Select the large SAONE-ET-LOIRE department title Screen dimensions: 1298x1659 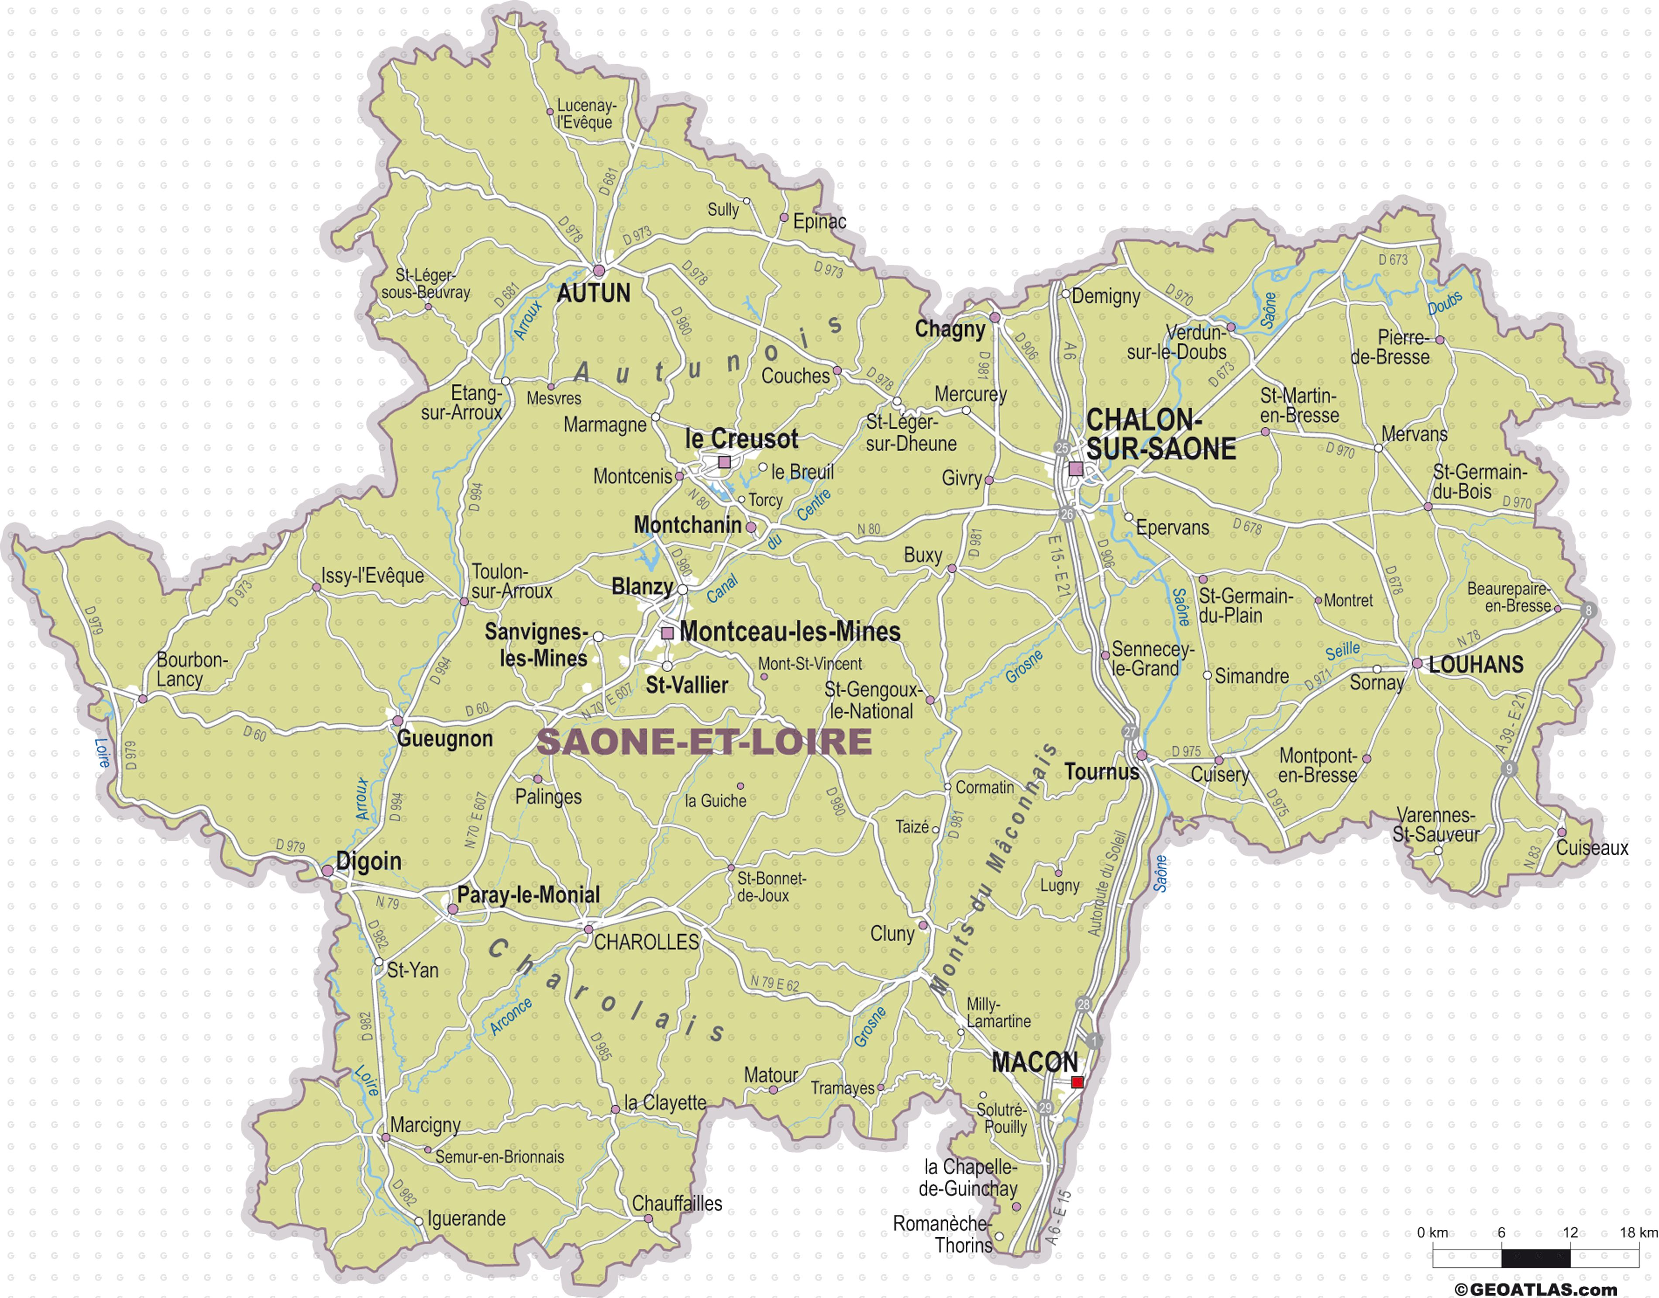coord(704,742)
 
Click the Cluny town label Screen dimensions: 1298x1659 coord(892,934)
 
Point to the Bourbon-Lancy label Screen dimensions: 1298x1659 coord(191,670)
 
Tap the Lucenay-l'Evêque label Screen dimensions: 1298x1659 coord(585,114)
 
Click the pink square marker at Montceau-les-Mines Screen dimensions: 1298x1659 coord(668,632)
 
